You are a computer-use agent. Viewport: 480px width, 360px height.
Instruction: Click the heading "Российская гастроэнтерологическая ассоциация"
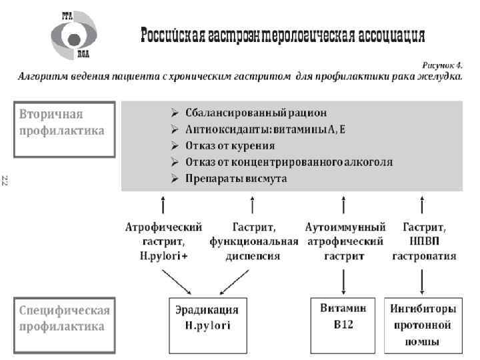point(282,35)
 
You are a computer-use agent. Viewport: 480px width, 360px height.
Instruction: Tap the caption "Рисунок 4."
point(443,65)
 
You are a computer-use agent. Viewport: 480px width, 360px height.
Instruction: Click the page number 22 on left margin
point(5,179)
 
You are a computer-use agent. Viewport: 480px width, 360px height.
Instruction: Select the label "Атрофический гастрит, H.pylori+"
point(163,241)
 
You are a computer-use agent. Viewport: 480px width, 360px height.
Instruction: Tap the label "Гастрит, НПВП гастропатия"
point(424,241)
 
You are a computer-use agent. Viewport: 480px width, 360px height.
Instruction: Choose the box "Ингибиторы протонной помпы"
point(424,325)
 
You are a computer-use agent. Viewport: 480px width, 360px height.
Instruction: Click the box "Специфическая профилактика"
point(61,318)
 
